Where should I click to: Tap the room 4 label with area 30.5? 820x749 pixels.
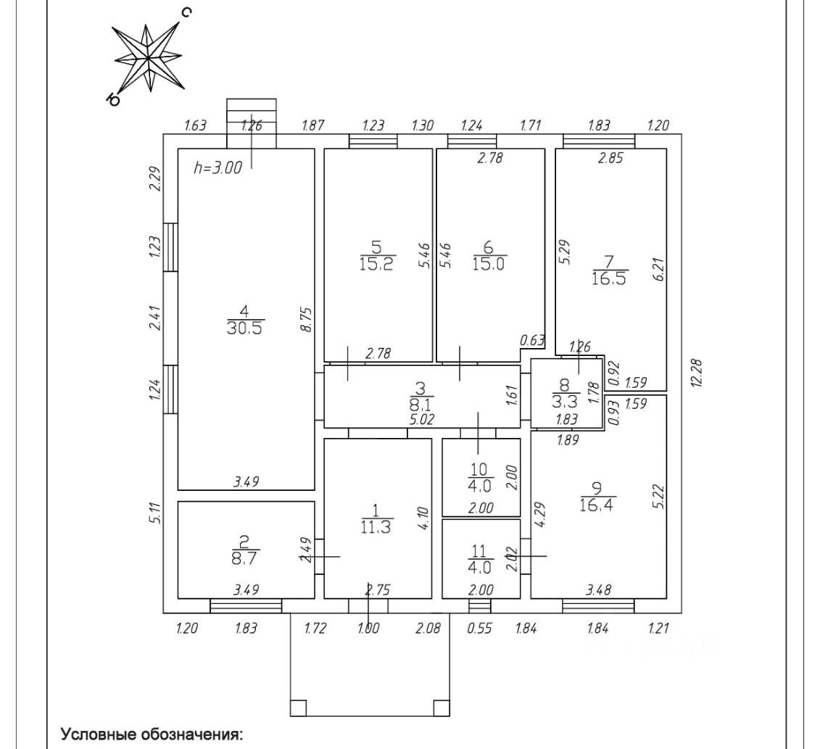tap(245, 319)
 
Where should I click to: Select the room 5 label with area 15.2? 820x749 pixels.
tap(377, 255)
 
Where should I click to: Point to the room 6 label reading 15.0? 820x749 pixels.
tap(489, 255)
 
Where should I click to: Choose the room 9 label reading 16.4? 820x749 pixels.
tap(597, 497)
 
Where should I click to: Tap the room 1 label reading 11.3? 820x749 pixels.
tap(376, 520)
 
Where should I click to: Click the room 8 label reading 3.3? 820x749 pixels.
tap(564, 392)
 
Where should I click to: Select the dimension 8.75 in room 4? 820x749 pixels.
tap(306, 320)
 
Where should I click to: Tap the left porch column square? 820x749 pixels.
tap(298, 707)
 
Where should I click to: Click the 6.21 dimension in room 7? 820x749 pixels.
tap(659, 271)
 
